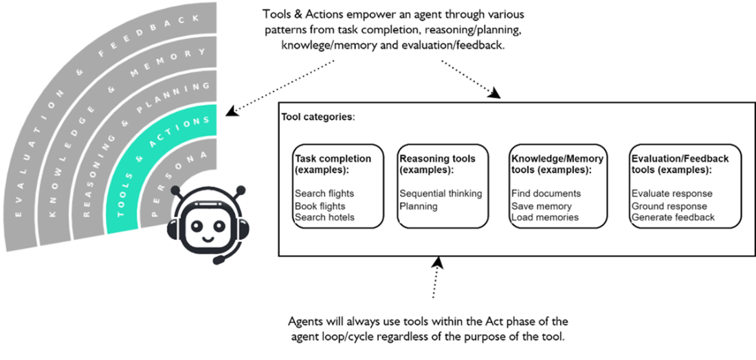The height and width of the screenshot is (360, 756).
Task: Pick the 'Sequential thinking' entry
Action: point(441,194)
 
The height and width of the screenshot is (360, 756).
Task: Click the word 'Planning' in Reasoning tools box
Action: point(419,205)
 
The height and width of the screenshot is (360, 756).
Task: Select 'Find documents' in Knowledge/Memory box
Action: point(546,194)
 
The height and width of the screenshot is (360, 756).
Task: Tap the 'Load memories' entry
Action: point(544,217)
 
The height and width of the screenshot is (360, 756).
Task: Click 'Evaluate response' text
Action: point(671,194)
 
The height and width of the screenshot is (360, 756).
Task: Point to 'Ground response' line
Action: point(669,205)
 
